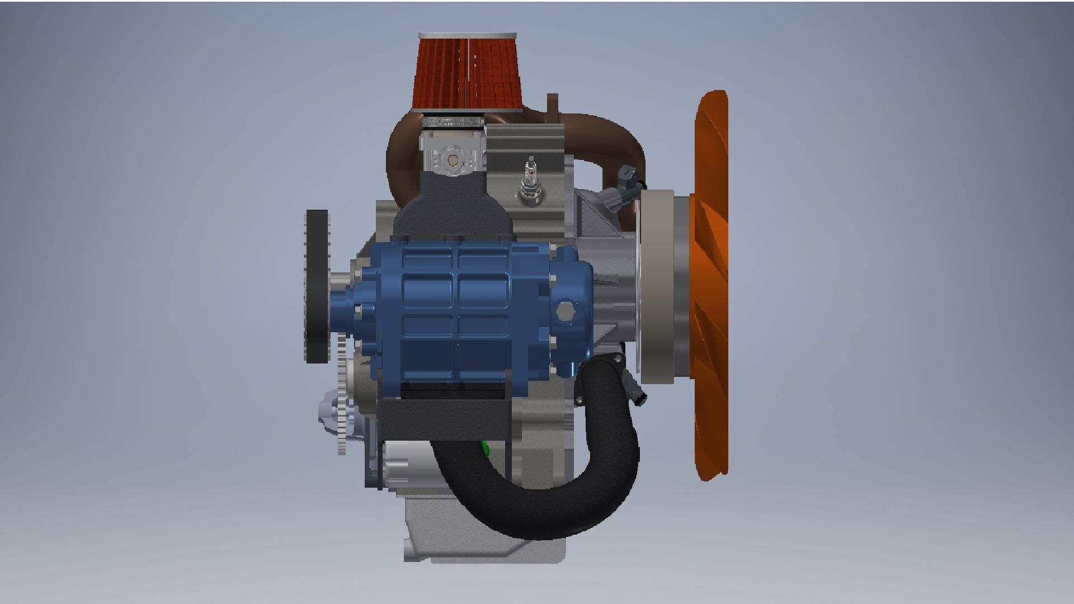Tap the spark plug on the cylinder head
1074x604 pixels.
click(x=528, y=179)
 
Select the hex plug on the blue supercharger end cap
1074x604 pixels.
click(x=565, y=311)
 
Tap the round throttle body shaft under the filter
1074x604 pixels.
click(x=452, y=161)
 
